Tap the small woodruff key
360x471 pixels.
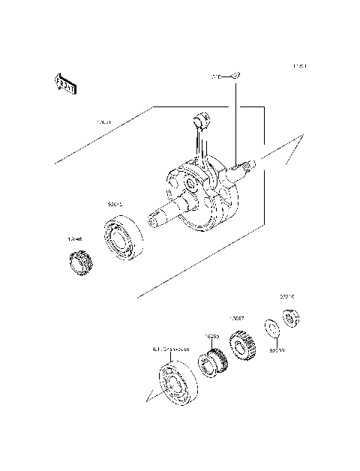pos(235,74)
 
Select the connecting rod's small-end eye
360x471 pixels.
pos(201,117)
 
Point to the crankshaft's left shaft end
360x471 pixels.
pos(155,217)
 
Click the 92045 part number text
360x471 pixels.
pos(115,202)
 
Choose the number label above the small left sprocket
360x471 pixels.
pos(75,240)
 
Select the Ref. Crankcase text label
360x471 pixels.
pos(171,349)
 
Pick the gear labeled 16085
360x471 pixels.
pos(211,365)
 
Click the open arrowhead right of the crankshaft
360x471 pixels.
pos(292,150)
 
